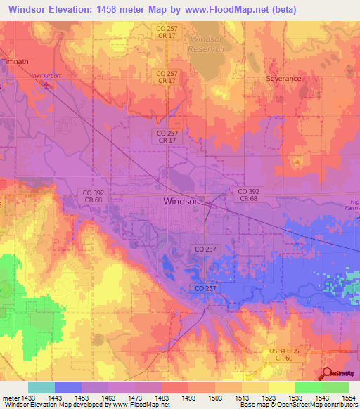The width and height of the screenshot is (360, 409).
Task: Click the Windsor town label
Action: (x=180, y=201)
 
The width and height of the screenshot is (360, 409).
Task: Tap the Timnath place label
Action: (x=15, y=61)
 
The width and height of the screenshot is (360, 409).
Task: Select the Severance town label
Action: (x=283, y=79)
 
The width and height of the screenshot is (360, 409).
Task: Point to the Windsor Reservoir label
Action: (x=206, y=44)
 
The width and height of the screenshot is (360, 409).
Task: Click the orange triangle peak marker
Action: (x=298, y=162)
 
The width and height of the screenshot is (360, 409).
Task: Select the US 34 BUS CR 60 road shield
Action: (x=284, y=354)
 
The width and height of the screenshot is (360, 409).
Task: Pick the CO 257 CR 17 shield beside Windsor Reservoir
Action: (x=167, y=32)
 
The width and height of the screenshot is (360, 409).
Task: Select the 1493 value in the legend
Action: (x=188, y=397)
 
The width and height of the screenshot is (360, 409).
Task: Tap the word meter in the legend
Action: (x=8, y=397)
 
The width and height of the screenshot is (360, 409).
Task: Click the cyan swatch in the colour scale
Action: (x=41, y=387)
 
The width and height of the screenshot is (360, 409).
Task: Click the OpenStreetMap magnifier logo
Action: (x=328, y=374)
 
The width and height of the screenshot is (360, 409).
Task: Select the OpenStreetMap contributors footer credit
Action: (x=318, y=405)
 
